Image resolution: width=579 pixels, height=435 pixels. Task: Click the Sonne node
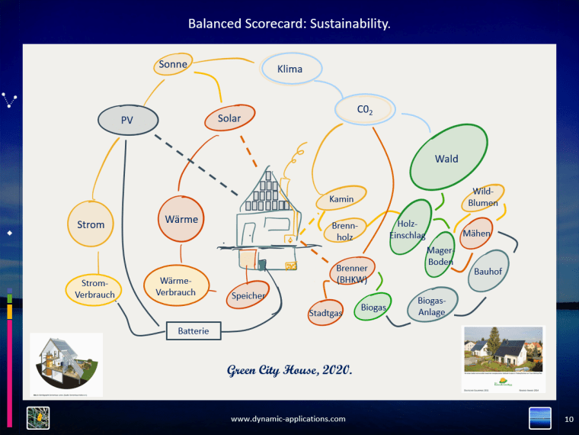pyautogui.click(x=173, y=65)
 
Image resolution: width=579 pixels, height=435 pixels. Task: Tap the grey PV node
pyautogui.click(x=128, y=120)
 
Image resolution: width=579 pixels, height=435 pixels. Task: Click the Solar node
pyautogui.click(x=229, y=118)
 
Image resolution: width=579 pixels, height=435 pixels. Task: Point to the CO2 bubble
pyautogui.click(x=365, y=111)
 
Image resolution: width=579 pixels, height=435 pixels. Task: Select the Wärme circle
pyautogui.click(x=181, y=220)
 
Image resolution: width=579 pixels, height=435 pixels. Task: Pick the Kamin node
pyautogui.click(x=341, y=199)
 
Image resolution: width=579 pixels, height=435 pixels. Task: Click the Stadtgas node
pyautogui.click(x=326, y=312)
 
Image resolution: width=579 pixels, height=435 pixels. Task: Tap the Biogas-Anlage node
pyautogui.click(x=432, y=307)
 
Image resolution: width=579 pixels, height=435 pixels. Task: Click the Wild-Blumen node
pyautogui.click(x=482, y=198)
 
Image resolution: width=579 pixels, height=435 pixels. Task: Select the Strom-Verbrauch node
pyautogui.click(x=95, y=289)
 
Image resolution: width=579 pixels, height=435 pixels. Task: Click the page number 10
pyautogui.click(x=568, y=419)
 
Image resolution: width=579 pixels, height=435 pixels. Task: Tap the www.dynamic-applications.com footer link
pyautogui.click(x=288, y=419)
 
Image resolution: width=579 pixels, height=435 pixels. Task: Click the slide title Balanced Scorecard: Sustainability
pyautogui.click(x=289, y=24)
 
